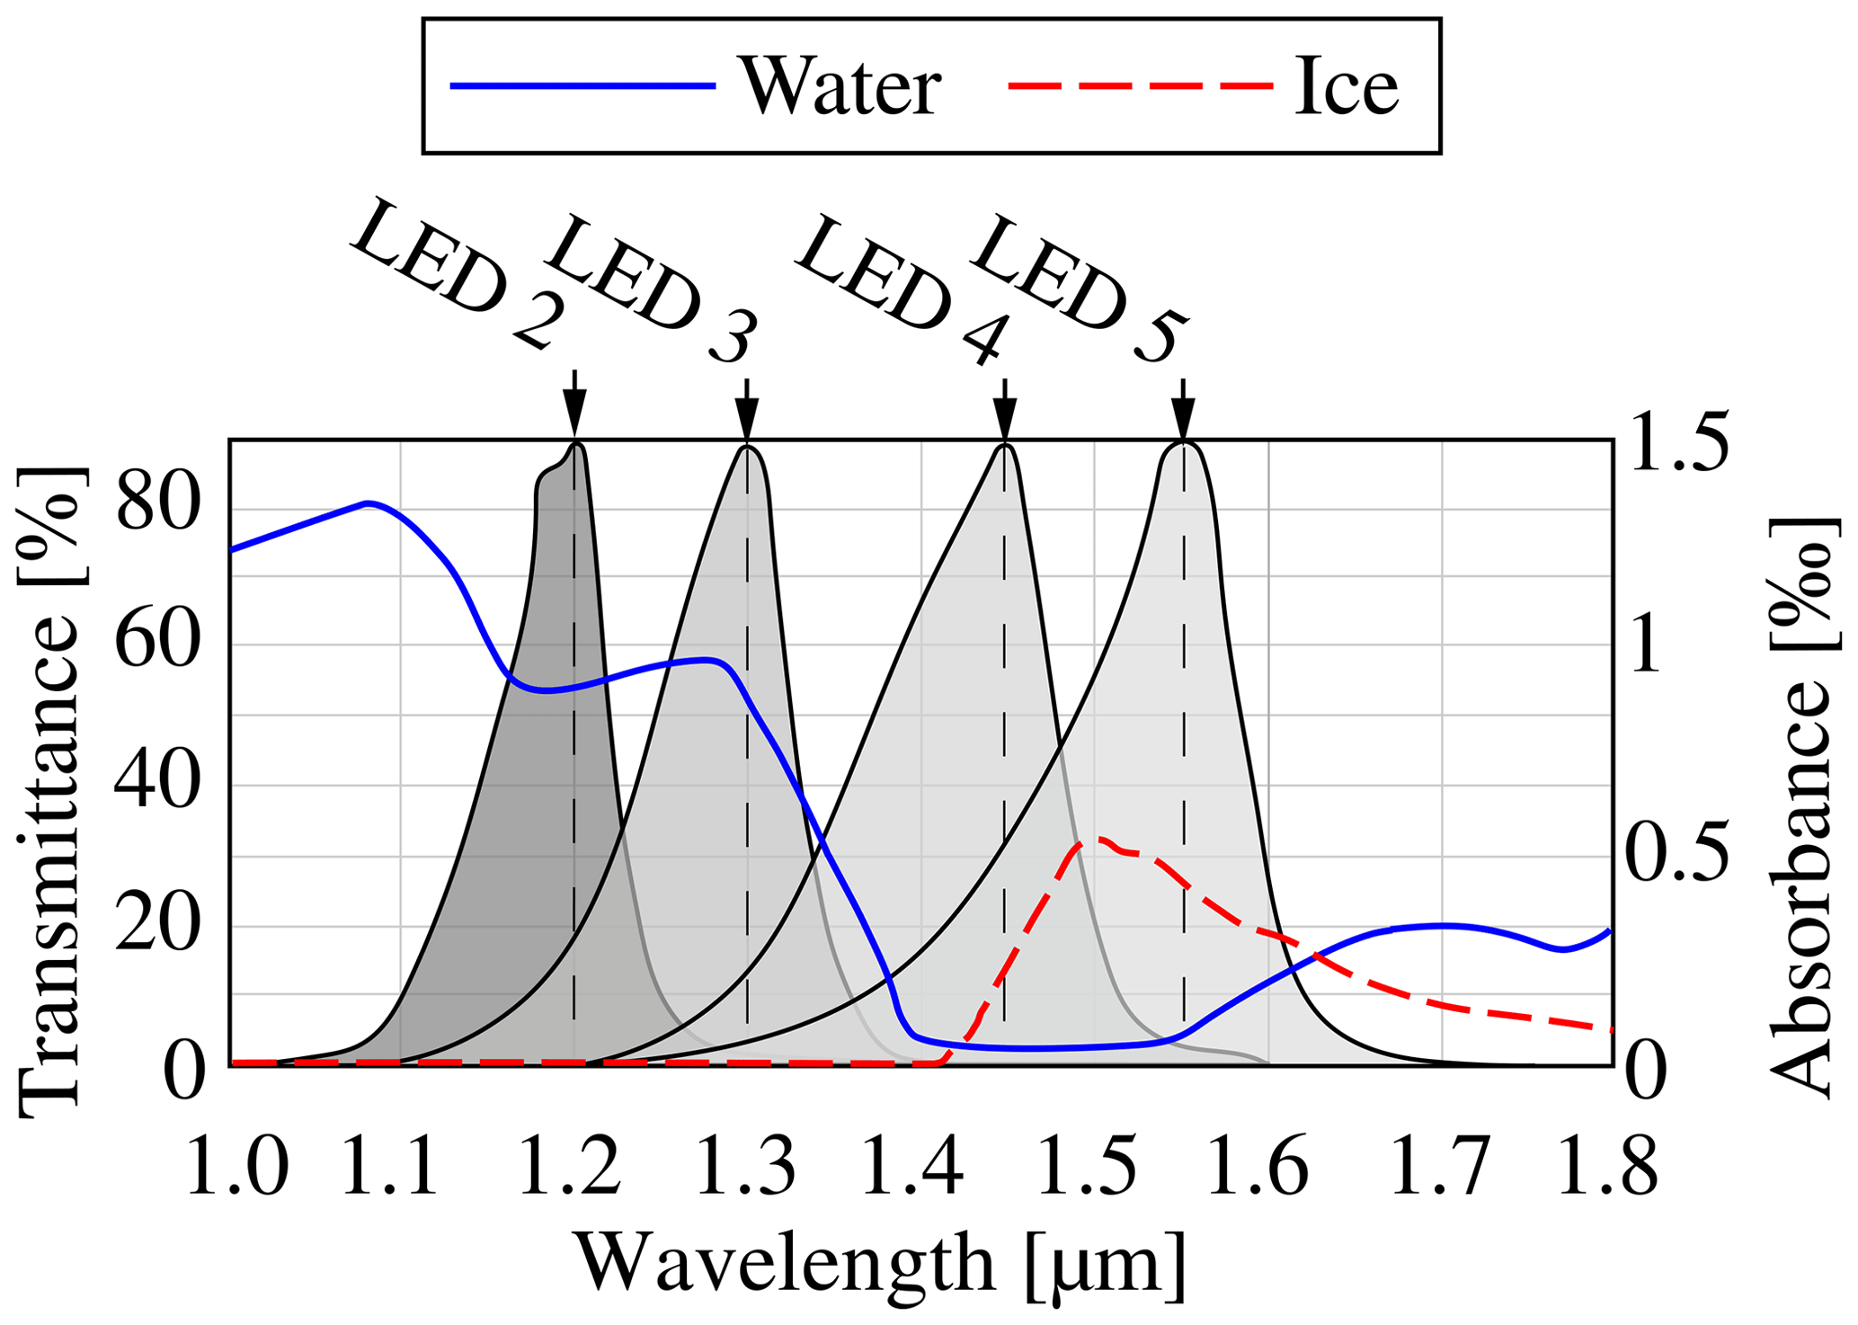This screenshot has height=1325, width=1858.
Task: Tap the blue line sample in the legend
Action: coord(582,86)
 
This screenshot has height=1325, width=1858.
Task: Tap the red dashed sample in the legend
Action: coord(1141,86)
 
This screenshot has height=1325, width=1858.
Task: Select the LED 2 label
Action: coord(458,274)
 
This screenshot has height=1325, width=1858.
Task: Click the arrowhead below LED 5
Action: coord(1183,418)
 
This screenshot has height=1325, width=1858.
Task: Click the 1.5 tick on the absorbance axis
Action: coord(1677,442)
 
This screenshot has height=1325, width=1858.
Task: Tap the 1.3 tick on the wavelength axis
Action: coord(746,1167)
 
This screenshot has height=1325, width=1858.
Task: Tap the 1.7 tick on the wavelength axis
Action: coord(1440,1167)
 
